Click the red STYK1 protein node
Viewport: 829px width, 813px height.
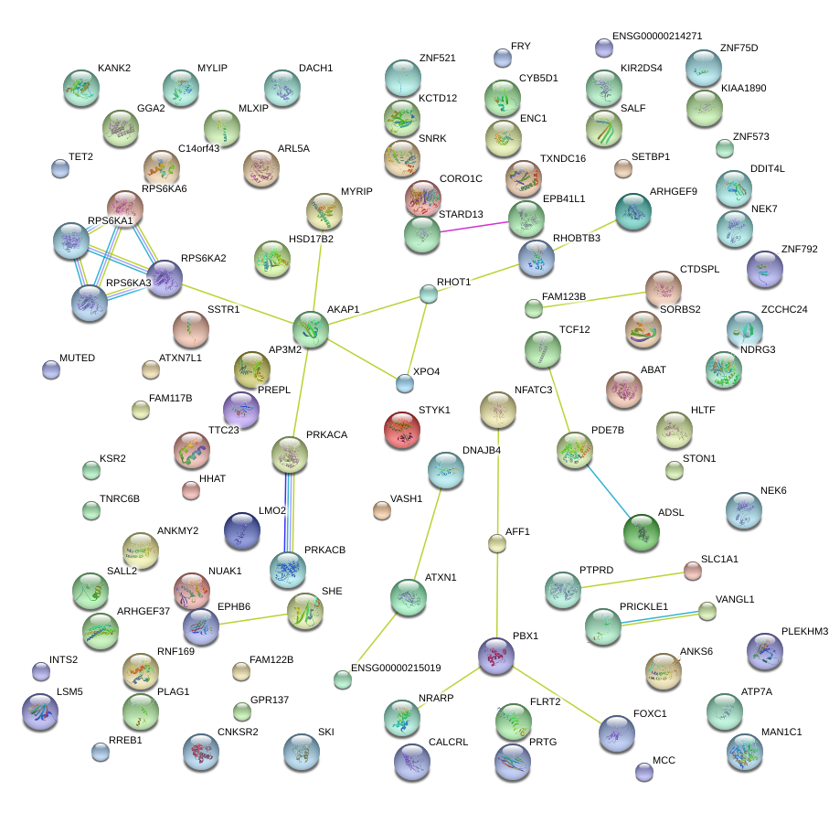coord(402,429)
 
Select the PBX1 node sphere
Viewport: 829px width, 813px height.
coord(496,655)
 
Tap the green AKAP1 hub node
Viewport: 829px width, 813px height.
coord(310,327)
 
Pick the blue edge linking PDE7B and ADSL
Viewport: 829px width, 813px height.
coord(607,487)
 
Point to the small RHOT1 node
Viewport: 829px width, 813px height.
coord(429,294)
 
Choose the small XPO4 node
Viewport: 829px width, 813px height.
coord(404,382)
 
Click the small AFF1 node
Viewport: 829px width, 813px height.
coord(496,544)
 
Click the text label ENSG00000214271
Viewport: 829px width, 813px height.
coord(656,37)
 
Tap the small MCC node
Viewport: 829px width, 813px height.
coord(643,771)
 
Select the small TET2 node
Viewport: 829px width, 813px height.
coord(60,168)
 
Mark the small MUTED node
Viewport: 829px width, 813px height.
coord(51,369)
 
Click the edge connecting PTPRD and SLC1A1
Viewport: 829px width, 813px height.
coord(631,581)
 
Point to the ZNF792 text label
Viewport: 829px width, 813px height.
coord(799,249)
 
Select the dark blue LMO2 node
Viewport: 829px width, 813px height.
coord(242,530)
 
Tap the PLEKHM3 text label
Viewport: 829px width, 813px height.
coord(804,631)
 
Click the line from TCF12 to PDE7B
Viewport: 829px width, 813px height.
coord(559,399)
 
